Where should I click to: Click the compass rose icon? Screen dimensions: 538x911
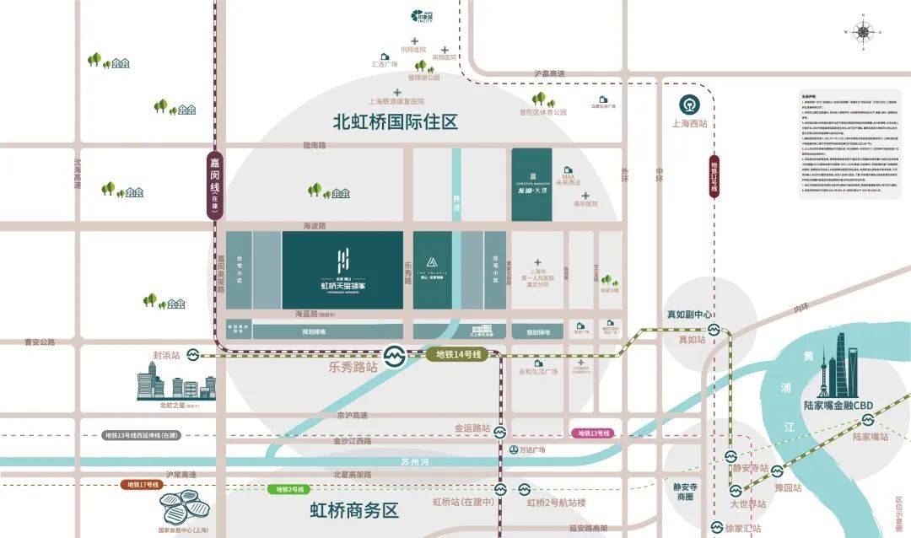(864, 33)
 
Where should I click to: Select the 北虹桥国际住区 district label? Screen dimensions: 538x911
(396, 121)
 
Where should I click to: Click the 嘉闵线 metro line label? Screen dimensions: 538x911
(215, 186)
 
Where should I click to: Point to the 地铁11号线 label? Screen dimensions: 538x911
(714, 177)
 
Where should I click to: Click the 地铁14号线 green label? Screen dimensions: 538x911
(458, 355)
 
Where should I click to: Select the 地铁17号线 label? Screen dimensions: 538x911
(143, 484)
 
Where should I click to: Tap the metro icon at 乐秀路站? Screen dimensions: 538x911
(392, 355)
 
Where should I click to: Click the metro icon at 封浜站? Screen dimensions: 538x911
(192, 355)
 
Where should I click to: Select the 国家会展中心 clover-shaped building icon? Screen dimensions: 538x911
(185, 507)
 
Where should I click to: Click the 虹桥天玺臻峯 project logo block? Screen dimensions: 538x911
(342, 271)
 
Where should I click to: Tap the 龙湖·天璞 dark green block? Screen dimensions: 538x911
(531, 185)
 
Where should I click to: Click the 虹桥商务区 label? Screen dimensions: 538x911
(353, 510)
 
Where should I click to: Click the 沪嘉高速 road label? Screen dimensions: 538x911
(550, 74)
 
